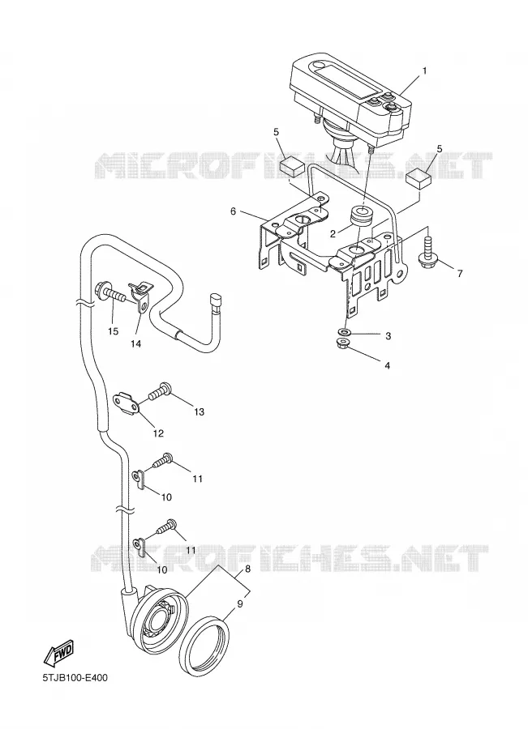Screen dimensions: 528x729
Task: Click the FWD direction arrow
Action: [x=58, y=652]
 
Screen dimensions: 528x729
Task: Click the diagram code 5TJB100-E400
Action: [x=75, y=678]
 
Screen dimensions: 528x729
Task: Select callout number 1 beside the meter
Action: [x=424, y=70]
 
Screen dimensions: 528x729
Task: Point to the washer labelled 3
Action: [x=345, y=332]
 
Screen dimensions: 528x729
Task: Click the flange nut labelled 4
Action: [x=343, y=344]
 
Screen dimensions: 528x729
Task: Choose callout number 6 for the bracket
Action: [x=233, y=211]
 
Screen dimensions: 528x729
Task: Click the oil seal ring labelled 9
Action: [x=205, y=642]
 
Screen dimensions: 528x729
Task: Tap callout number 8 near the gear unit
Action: [x=247, y=568]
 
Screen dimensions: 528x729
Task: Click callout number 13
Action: [x=199, y=412]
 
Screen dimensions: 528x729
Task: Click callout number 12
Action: [x=158, y=433]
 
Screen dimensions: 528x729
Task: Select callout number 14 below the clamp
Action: [x=135, y=343]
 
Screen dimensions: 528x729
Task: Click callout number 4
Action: [x=387, y=365]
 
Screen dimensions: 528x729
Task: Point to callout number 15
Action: [x=114, y=331]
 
